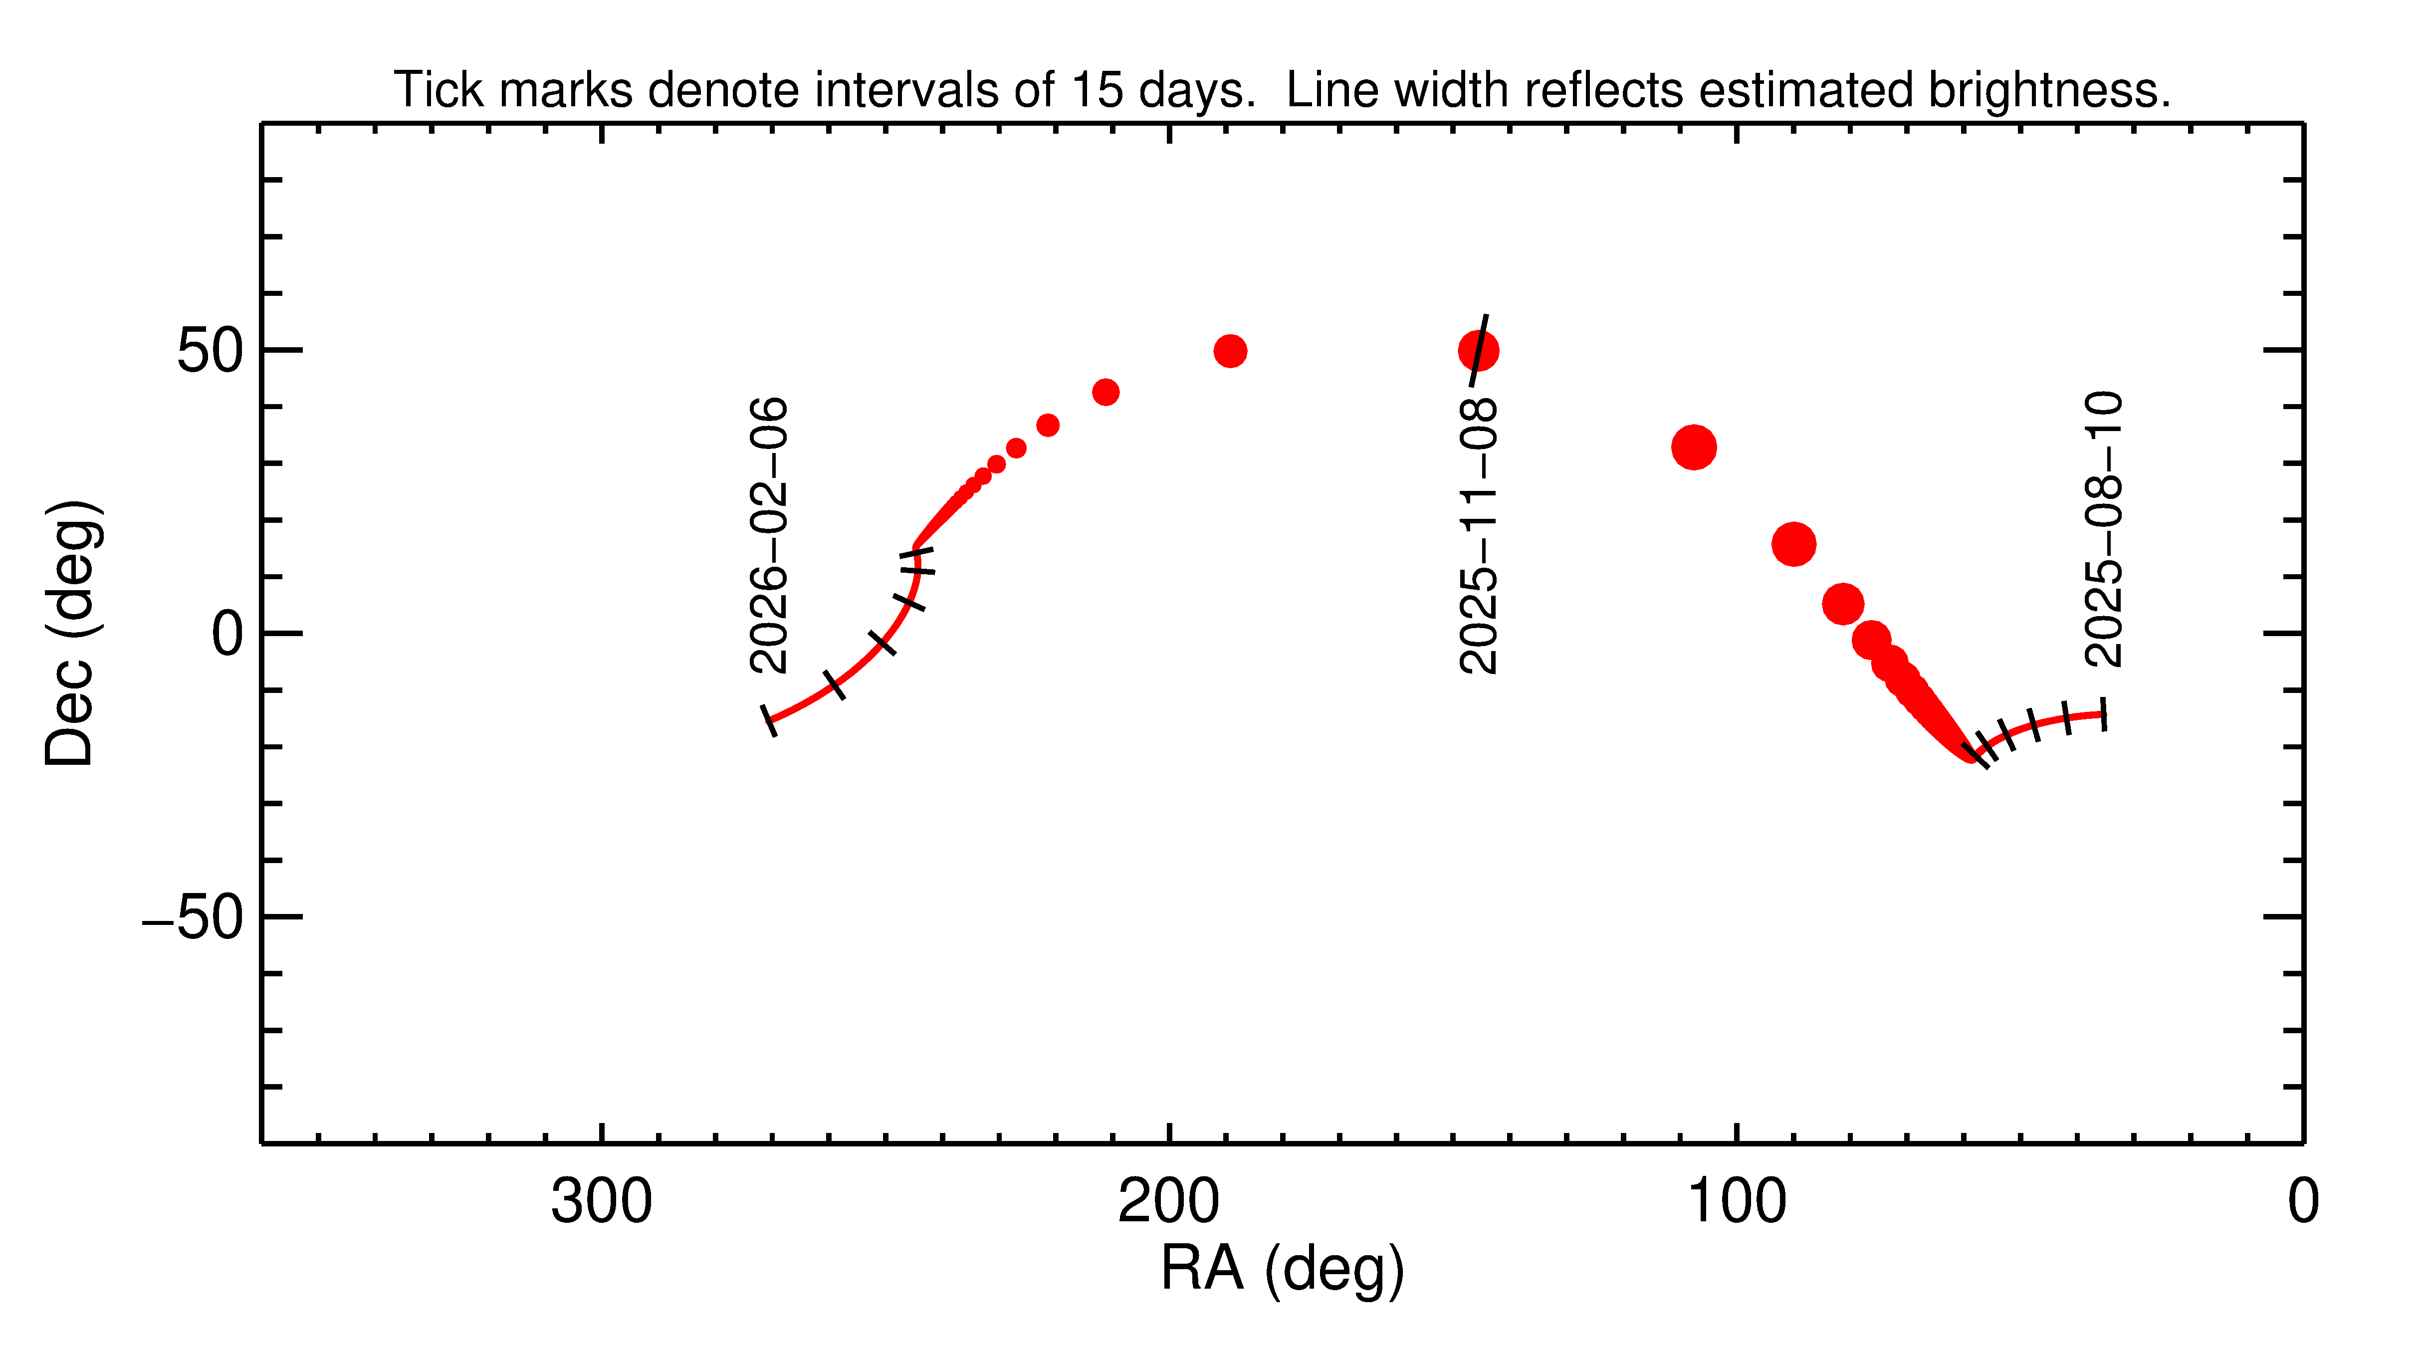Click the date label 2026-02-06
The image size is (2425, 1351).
[768, 535]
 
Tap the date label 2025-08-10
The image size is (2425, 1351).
[2103, 529]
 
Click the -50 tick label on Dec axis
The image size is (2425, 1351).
[193, 917]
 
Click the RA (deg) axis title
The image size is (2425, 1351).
[1282, 1269]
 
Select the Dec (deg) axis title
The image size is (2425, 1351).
[71, 633]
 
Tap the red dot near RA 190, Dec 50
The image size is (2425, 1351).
[1229, 351]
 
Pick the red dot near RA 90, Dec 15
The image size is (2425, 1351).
[1793, 544]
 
